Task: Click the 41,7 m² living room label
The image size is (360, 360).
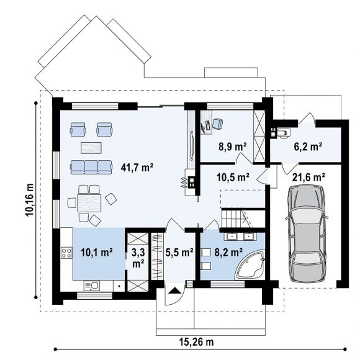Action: (137, 168)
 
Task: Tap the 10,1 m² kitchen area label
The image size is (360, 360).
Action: (97, 253)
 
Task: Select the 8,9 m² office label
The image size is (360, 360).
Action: (233, 146)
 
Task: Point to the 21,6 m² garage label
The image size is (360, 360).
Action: (308, 177)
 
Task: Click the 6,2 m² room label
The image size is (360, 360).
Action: (308, 146)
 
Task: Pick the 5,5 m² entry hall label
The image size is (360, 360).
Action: (179, 253)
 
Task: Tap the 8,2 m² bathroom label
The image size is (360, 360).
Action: (228, 253)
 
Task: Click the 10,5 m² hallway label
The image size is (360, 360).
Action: (233, 177)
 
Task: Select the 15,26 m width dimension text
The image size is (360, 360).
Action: (196, 342)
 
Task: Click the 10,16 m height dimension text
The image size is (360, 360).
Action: (29, 200)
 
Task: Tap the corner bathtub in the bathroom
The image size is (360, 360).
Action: (251, 265)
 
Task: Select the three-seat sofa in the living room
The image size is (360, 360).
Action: (91, 167)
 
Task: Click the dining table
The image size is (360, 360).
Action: (89, 203)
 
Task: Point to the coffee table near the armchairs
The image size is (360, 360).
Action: (91, 148)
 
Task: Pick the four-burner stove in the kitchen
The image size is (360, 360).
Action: (66, 253)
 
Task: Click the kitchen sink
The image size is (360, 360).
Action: (92, 286)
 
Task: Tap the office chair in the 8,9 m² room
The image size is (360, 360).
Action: (217, 124)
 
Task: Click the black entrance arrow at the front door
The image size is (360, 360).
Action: (174, 290)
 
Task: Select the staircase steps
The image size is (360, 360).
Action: (232, 219)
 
